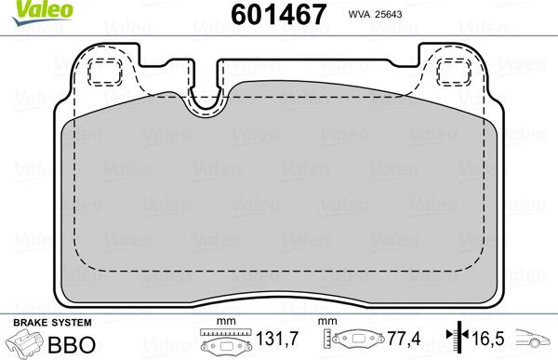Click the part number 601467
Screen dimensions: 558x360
(x=278, y=14)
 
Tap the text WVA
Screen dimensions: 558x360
(x=359, y=14)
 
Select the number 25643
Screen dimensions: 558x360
(x=388, y=14)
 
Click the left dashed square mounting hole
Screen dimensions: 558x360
(x=105, y=73)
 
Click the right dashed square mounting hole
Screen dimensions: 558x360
(x=454, y=73)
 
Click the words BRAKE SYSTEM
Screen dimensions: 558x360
(x=52, y=323)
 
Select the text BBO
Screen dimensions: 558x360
(x=72, y=344)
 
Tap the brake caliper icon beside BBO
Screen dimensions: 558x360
(x=24, y=343)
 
